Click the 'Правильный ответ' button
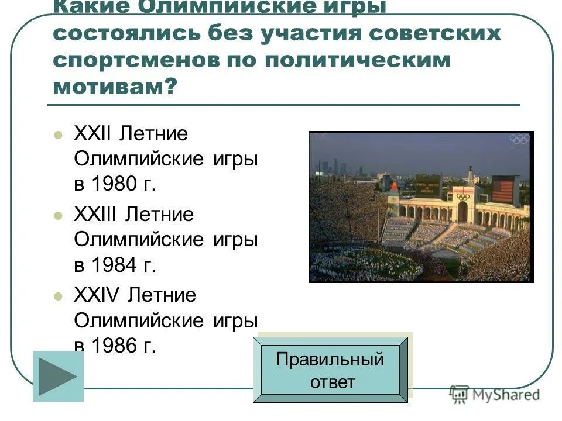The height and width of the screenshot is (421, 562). [x=330, y=370]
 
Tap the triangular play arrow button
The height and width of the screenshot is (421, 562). [x=58, y=377]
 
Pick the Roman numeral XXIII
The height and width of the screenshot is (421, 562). [x=95, y=214]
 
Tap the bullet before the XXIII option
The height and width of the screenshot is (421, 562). [x=57, y=215]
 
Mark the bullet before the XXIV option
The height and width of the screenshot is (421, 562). [x=57, y=296]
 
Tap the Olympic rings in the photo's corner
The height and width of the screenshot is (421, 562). [x=519, y=139]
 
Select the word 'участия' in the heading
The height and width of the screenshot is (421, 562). [x=310, y=33]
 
